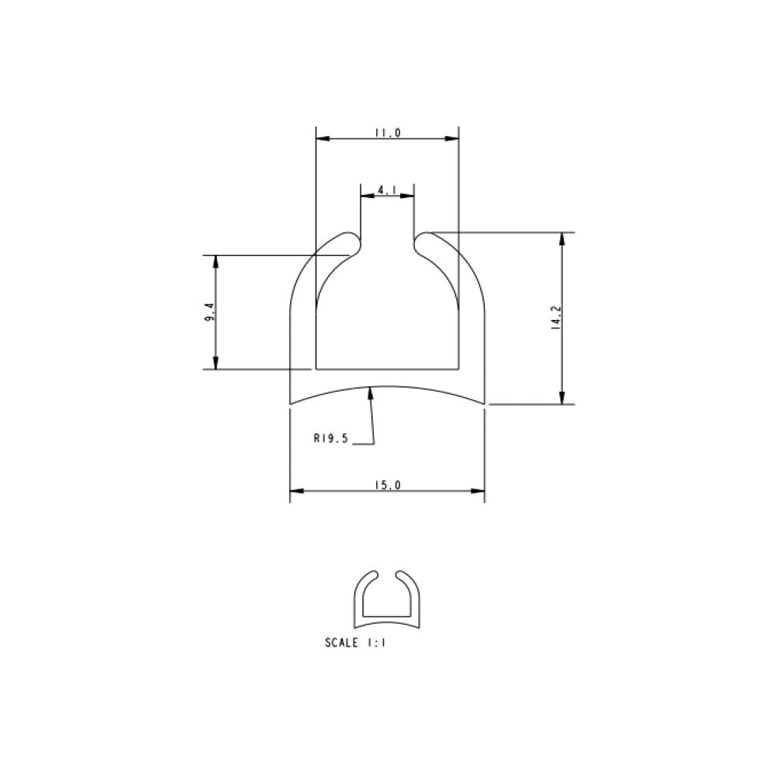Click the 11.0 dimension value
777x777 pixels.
[386, 133]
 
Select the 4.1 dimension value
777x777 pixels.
[386, 190]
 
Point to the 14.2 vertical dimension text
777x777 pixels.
[555, 319]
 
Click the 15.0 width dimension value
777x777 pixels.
[386, 485]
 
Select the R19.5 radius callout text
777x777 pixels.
[331, 438]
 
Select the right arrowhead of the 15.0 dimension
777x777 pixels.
[478, 491]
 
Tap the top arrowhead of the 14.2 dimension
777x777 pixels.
[562, 239]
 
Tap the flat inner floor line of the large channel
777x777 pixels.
[386, 369]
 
